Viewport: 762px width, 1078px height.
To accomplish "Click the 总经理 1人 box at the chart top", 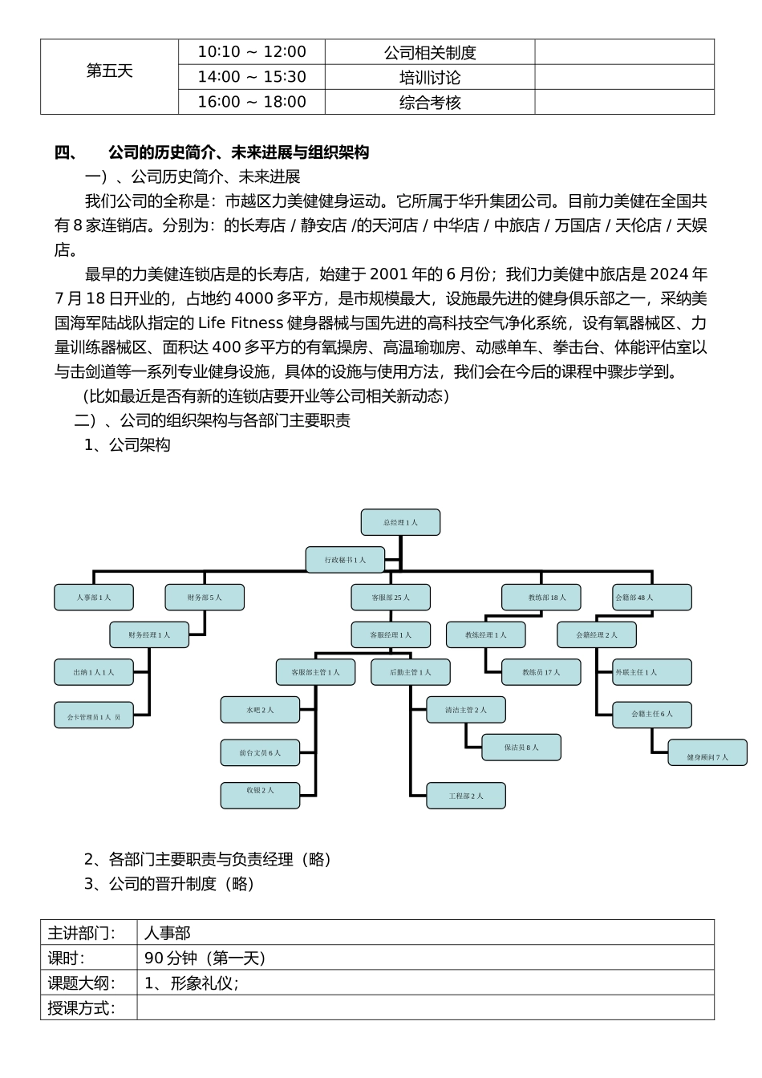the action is point(400,522).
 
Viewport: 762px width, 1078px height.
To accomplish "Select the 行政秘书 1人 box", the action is point(345,560).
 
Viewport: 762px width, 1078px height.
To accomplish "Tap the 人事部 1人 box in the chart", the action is point(94,598).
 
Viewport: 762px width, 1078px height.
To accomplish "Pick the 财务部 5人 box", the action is point(205,598).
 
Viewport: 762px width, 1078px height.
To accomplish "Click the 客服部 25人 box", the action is point(391,598).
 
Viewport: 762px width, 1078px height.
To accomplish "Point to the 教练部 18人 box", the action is point(541,598).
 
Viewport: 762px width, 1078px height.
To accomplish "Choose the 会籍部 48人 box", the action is point(651,598).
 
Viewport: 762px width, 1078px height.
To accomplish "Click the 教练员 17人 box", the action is point(541,672).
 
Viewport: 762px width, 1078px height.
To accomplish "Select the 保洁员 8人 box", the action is point(521,748).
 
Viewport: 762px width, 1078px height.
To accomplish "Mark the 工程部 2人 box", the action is point(466,796).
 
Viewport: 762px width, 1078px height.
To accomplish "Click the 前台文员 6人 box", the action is point(260,753).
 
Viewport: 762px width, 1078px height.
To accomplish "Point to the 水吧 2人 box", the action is point(260,710).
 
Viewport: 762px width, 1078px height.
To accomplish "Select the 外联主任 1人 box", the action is point(651,672).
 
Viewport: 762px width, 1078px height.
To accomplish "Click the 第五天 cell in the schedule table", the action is point(109,71).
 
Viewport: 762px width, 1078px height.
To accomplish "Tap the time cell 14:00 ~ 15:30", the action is point(252,77).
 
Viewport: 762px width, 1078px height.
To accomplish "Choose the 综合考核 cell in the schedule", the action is point(430,103).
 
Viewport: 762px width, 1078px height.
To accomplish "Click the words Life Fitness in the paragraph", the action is point(240,323).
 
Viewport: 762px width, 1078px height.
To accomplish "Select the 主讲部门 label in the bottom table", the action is point(82,933).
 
